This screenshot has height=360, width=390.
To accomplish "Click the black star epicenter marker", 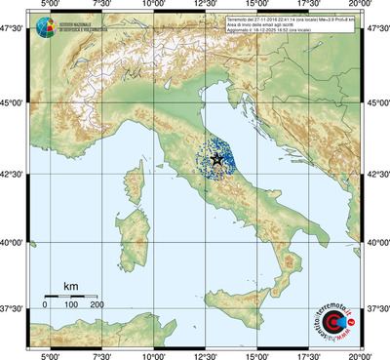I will click(216, 159).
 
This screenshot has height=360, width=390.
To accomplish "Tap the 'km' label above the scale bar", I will click(70, 285).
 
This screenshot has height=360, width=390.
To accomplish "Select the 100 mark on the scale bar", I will click(71, 305).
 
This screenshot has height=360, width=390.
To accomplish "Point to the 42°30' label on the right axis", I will click(376, 175).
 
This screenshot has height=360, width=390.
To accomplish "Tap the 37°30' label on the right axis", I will click(376, 309).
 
